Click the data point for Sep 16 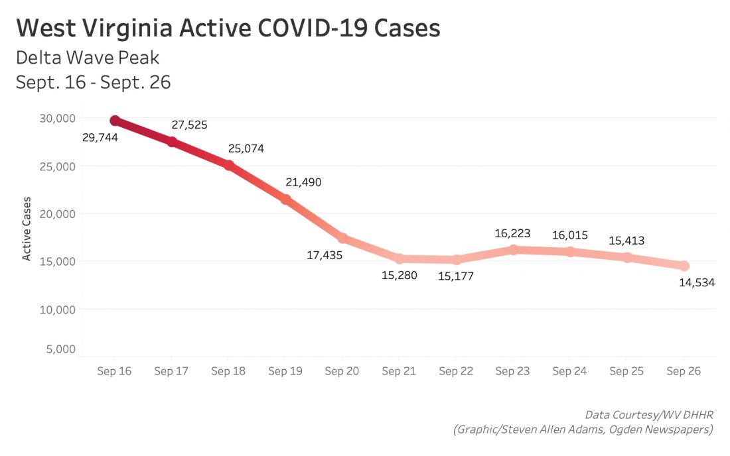coord(115,121)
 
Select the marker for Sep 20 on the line coord(342,238)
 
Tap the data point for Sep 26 coord(684,266)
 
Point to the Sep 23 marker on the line coord(513,249)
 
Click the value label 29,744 coord(100,138)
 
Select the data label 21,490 coord(303,182)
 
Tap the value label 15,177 coord(456,276)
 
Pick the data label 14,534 coord(696,283)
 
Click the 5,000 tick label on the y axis coord(60,349)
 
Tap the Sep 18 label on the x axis coord(228,371)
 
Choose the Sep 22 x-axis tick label coord(456,371)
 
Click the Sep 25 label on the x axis coord(626,371)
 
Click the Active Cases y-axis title coord(27,228)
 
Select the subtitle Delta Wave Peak coord(88,58)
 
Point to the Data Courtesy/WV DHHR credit coord(648,414)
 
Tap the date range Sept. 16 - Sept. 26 coord(94,82)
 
